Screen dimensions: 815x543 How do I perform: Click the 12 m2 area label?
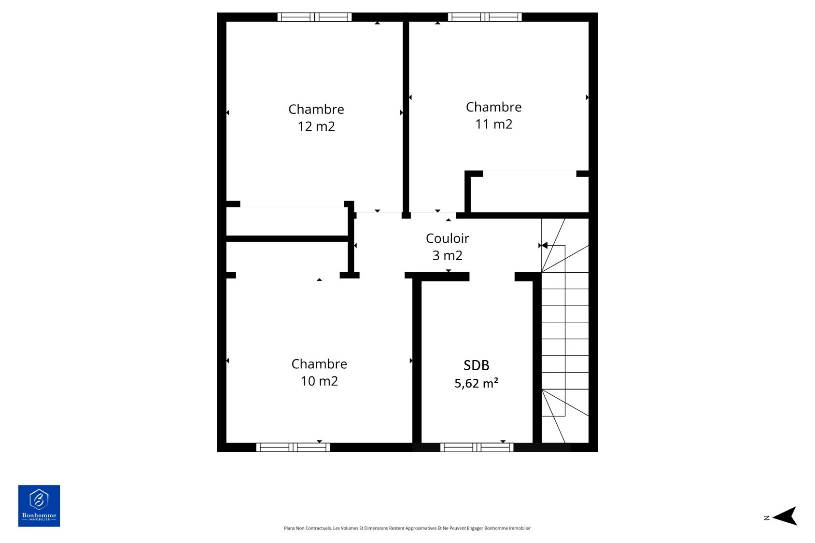click(x=316, y=126)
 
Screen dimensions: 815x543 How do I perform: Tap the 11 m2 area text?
click(x=494, y=125)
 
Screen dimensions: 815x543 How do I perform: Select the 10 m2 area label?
click(x=319, y=381)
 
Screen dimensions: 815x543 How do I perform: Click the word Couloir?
click(x=448, y=238)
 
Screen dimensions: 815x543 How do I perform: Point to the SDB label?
click(x=476, y=365)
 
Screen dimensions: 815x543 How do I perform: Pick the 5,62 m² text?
click(x=476, y=383)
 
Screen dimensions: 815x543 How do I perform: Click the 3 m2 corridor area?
click(x=448, y=256)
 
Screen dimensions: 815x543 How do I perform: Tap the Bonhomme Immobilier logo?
click(x=39, y=505)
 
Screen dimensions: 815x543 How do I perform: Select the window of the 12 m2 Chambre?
click(x=314, y=17)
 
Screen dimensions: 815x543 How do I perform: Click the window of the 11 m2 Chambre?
click(x=485, y=17)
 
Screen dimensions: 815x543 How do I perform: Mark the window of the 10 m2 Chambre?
click(x=293, y=447)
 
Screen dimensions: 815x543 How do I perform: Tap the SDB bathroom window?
click(x=477, y=447)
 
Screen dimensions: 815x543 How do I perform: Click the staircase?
click(x=565, y=331)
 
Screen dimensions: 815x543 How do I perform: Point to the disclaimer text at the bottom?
click(x=407, y=528)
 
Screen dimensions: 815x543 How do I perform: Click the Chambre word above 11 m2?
click(x=494, y=107)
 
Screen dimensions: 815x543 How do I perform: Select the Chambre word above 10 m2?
click(x=319, y=364)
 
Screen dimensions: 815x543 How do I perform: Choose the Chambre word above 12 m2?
click(x=316, y=109)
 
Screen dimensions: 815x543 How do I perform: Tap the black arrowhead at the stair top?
click(x=545, y=246)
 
